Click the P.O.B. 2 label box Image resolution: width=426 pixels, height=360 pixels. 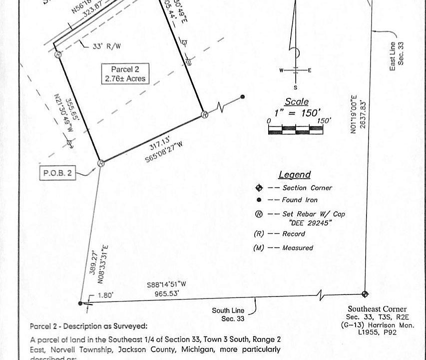click(58, 173)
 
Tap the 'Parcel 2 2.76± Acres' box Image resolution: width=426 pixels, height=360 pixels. click(125, 74)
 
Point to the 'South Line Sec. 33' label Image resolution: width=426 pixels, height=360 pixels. click(228, 314)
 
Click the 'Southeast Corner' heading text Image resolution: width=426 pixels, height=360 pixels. click(377, 309)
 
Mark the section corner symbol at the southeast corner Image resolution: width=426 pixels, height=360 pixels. click(365, 294)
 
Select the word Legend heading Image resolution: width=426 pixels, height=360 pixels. click(294, 174)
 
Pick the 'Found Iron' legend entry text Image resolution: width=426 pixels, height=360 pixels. click(300, 200)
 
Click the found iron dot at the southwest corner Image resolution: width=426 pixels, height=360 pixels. click(81, 303)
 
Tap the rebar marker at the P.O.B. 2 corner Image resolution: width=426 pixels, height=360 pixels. click(100, 162)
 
